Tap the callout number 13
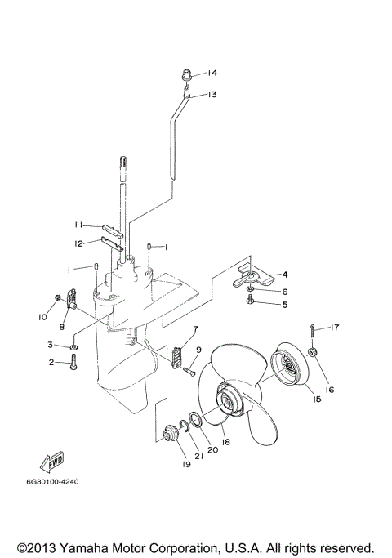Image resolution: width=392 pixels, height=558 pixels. pyautogui.click(x=212, y=95)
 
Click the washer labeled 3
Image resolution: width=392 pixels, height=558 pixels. pyautogui.click(x=73, y=347)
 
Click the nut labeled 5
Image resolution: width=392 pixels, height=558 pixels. pyautogui.click(x=251, y=305)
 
